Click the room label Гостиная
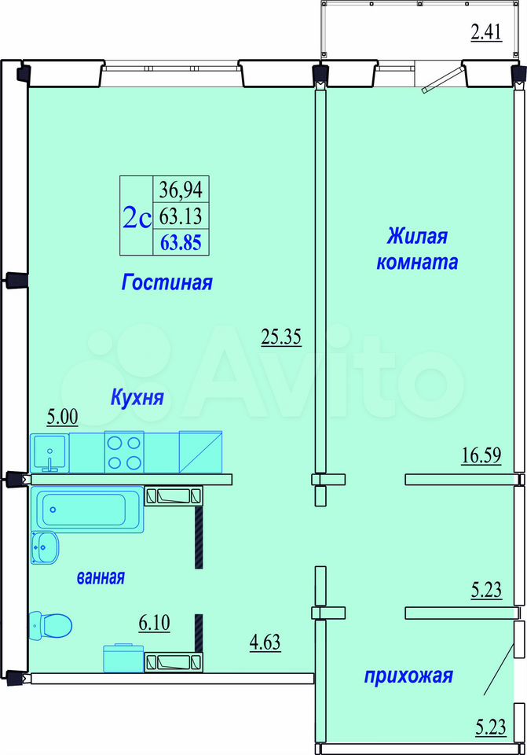coord(167,282)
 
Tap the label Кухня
coord(137,398)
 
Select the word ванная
coord(101,576)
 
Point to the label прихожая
coord(408,676)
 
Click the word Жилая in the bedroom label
coord(417,237)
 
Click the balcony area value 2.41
coord(486,32)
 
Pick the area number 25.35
coord(281,337)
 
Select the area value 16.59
coord(481,455)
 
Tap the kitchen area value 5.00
coord(63,417)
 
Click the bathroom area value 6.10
coord(155,623)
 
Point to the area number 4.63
coord(265,643)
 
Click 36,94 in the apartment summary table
coord(181,190)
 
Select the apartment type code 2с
coord(137,217)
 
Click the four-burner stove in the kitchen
coord(124,452)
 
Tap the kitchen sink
coord(49,453)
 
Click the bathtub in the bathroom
coord(87,510)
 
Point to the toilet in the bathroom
coord(50,625)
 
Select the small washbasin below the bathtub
coord(45,547)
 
